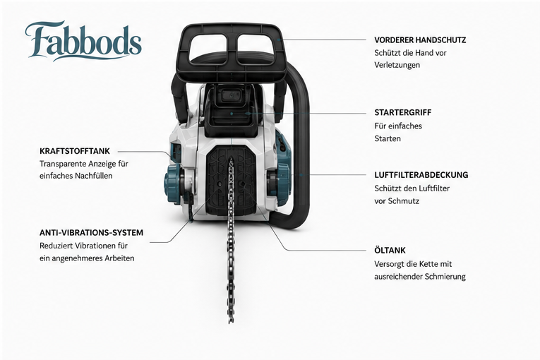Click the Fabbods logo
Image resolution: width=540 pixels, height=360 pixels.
coord(83,42)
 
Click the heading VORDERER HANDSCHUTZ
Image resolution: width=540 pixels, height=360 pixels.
coord(420,40)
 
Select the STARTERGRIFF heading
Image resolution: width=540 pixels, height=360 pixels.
coord(403,113)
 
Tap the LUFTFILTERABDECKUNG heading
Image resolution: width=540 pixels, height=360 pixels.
coord(421,175)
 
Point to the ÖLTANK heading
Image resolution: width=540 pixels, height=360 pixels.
coord(390,250)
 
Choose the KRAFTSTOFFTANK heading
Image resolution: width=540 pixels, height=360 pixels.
coord(75,151)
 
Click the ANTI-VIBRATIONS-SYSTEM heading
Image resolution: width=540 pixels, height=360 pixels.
coord(91,233)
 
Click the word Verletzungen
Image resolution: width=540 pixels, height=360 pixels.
coord(397,65)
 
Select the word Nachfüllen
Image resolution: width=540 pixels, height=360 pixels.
coord(94,176)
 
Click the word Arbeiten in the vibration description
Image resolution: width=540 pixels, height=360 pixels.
coord(119,258)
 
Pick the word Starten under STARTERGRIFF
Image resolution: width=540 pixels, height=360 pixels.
coord(388,138)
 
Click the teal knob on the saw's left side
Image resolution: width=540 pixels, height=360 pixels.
coord(172,184)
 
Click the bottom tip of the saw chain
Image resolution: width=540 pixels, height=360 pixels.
coord(231,323)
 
